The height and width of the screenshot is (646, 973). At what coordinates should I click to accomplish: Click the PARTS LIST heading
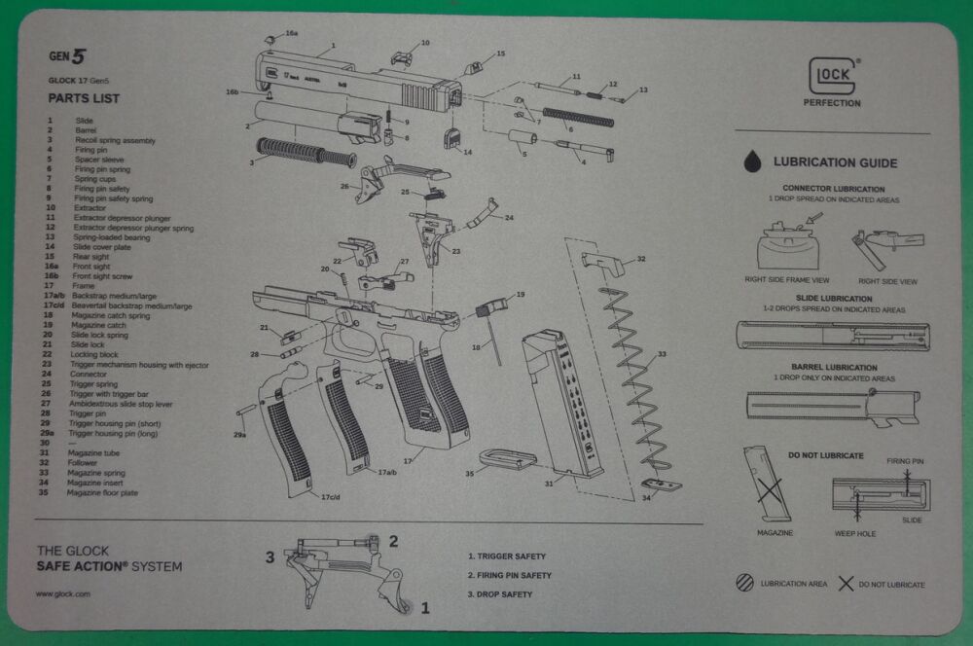pyautogui.click(x=85, y=98)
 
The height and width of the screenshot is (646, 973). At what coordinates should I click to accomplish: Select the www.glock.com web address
pyautogui.click(x=63, y=593)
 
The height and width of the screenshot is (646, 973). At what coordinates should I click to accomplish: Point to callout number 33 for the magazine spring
pyautogui.click(x=662, y=354)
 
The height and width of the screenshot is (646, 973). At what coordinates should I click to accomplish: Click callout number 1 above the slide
pyautogui.click(x=332, y=45)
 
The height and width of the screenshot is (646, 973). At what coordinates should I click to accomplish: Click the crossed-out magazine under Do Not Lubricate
pyautogui.click(x=766, y=484)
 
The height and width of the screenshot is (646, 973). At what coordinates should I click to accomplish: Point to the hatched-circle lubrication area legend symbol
pyautogui.click(x=744, y=583)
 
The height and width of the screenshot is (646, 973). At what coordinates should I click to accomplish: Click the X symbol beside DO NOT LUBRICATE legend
pyautogui.click(x=846, y=584)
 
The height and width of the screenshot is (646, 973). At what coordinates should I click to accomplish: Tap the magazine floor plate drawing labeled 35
pyautogui.click(x=507, y=457)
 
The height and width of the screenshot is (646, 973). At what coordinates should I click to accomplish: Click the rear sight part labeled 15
pyautogui.click(x=474, y=66)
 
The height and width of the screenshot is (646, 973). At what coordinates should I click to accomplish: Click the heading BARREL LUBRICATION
pyautogui.click(x=834, y=369)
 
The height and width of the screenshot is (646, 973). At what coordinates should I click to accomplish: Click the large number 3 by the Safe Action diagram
pyautogui.click(x=270, y=557)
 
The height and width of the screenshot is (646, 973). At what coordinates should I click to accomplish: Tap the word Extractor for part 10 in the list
pyautogui.click(x=90, y=208)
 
